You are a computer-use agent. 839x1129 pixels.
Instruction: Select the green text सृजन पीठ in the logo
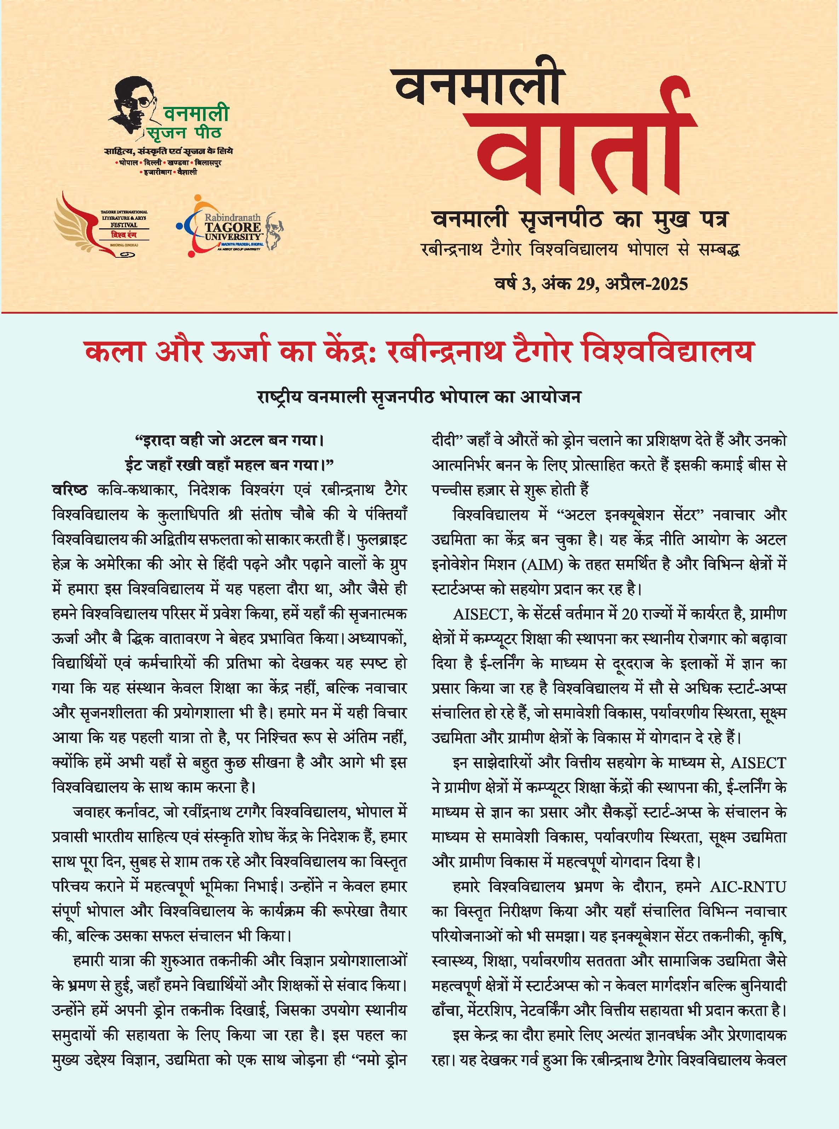185,133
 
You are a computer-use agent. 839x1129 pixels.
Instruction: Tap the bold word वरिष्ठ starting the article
70,490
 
